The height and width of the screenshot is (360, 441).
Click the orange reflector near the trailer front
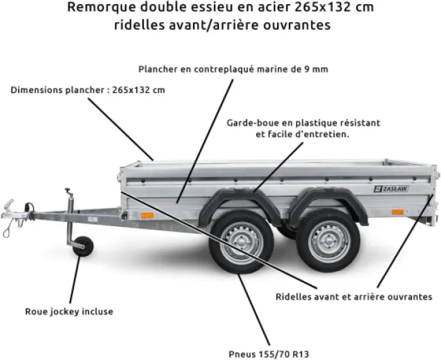pyautogui.click(x=144, y=215)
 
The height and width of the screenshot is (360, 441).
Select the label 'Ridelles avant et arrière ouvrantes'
pyautogui.click(x=354, y=297)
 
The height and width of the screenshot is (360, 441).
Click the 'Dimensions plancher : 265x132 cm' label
pyautogui.click(x=88, y=90)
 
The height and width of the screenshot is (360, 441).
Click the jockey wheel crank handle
pyautogui.click(x=67, y=192)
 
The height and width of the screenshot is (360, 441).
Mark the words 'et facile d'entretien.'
pyautogui.click(x=302, y=134)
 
